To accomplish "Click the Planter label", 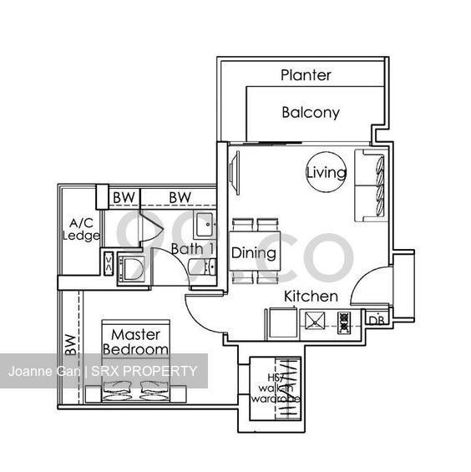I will [x=306, y=75].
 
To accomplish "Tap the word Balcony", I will [x=310, y=112].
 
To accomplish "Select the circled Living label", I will [x=326, y=173].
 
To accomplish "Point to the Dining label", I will [x=254, y=252].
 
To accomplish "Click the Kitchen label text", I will [x=311, y=297].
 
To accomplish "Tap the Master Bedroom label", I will [x=134, y=341].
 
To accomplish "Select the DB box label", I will [x=377, y=320].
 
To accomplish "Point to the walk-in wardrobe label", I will [x=276, y=389].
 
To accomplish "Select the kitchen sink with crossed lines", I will [x=315, y=322].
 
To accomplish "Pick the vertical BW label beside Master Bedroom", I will [x=68, y=343].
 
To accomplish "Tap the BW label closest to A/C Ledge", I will [x=124, y=197].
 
